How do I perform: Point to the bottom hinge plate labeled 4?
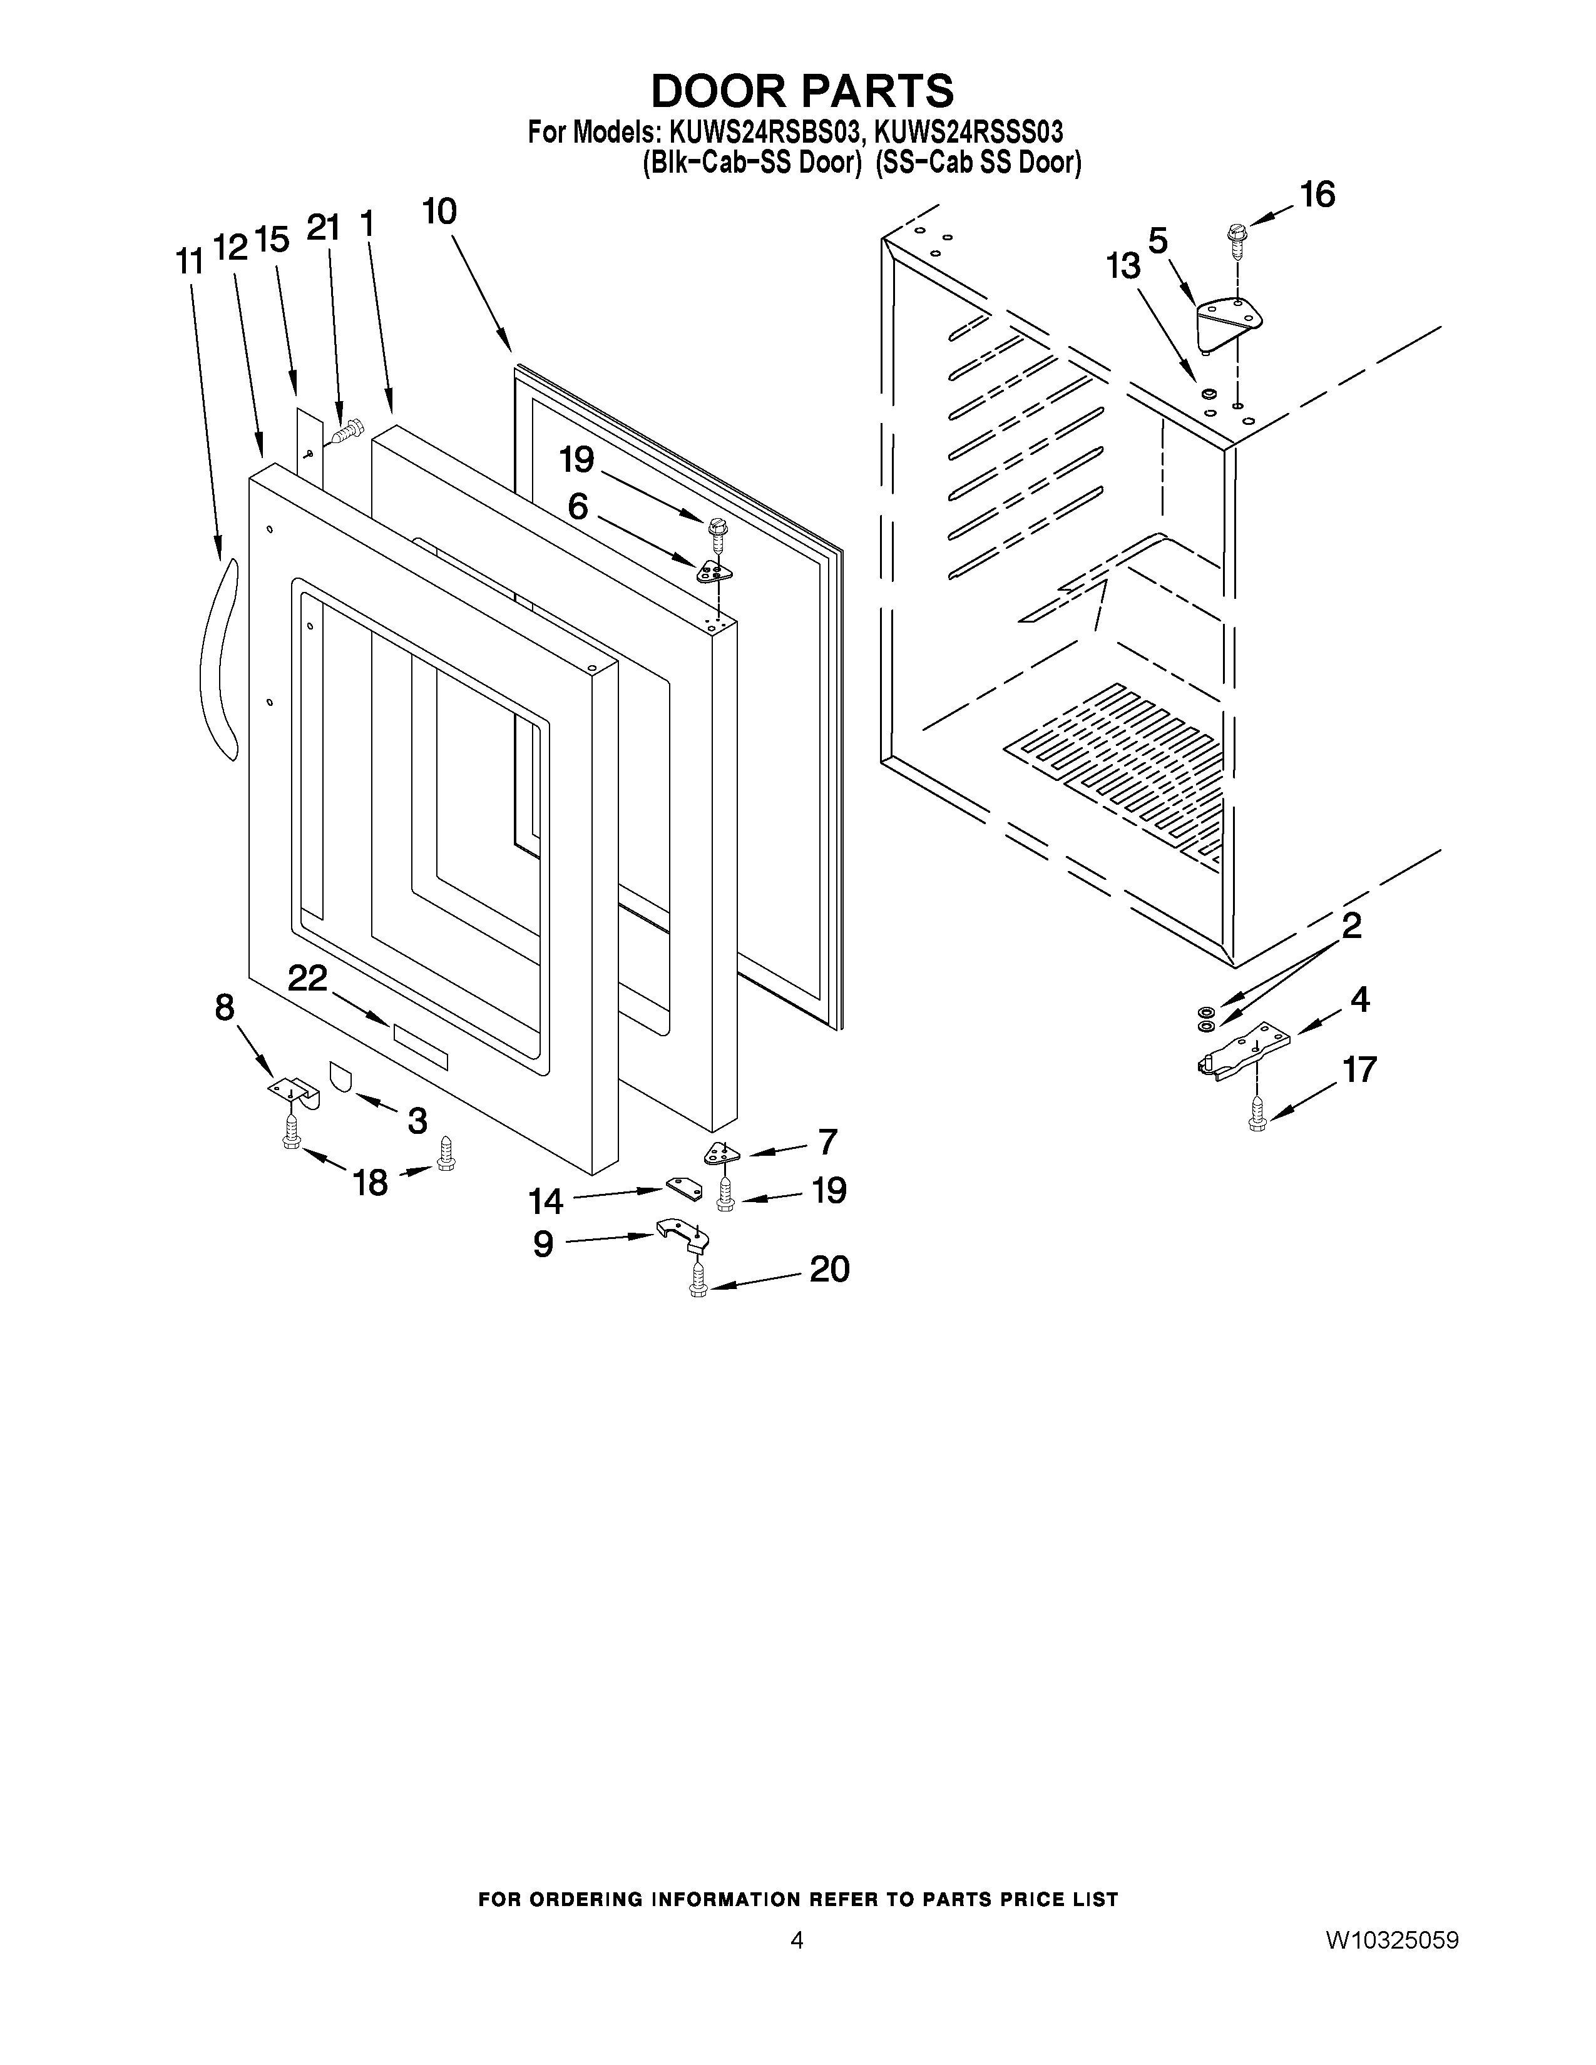(1246, 1051)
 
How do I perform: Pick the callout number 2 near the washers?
(1351, 925)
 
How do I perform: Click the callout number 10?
(439, 211)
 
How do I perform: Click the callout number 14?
(546, 1201)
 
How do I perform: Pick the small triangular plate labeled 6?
(716, 570)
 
